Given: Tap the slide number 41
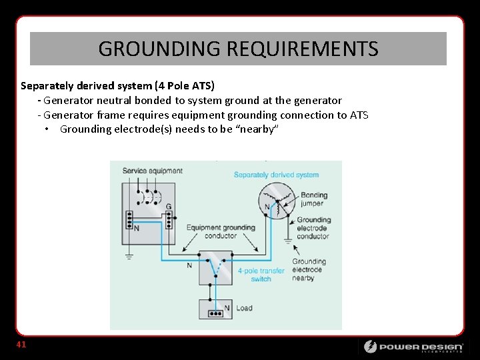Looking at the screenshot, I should coord(21,345).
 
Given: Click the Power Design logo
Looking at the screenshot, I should coord(413,346).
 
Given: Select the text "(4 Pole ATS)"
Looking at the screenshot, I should coord(185,86).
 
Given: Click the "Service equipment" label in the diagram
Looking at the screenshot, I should coord(152,171).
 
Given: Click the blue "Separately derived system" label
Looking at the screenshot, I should coord(276,175).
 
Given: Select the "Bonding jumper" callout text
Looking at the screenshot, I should coord(313,199).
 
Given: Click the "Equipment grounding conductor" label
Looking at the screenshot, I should coord(221,231).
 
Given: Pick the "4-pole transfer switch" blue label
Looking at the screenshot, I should coord(261,275).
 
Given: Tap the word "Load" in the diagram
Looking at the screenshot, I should coord(244,308).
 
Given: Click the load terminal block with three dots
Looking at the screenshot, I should coord(215,313).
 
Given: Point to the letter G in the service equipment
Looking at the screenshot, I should coord(169,207).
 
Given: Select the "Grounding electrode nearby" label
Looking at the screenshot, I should coord(308,269).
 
